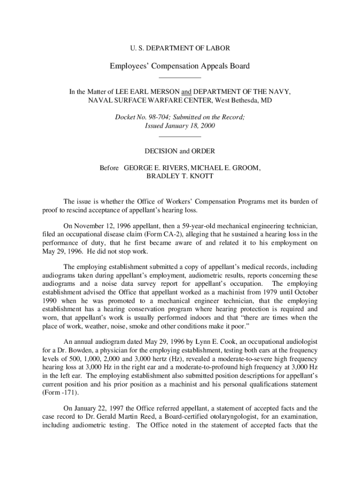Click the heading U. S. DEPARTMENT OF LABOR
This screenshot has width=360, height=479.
(x=180, y=48)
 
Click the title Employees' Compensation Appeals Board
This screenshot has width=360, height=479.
(x=180, y=66)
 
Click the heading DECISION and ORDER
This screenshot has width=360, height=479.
(x=180, y=151)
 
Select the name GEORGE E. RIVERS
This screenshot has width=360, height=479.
(x=152, y=167)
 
